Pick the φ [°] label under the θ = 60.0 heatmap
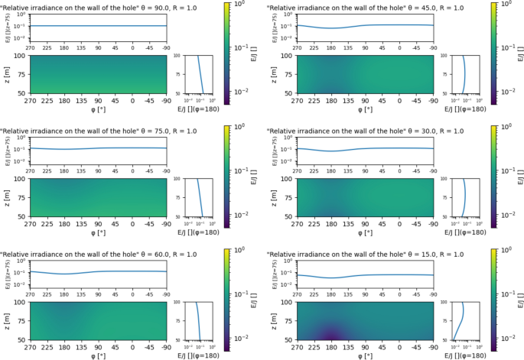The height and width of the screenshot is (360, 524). (x=97, y=355)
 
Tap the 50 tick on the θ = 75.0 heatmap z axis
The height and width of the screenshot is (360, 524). (x=23, y=217)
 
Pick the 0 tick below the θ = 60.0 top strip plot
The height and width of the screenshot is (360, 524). (x=132, y=292)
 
